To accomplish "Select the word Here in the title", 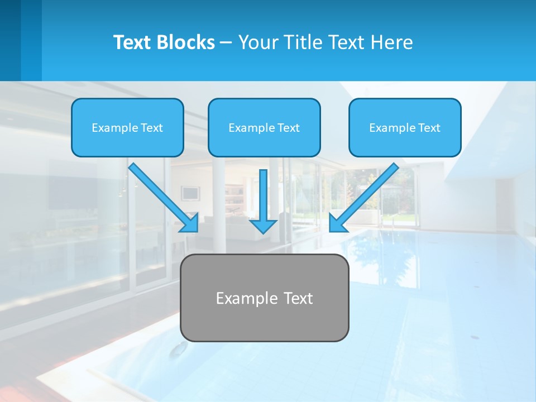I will pos(391,42).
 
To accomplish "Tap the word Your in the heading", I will pos(257,42).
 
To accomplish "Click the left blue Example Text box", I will pos(127,127).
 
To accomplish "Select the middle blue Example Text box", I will pos(264,127).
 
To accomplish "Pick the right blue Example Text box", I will pos(405,127).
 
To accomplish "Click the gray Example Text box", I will pos(264,298).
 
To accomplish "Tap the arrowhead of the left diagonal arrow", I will pos(190,223).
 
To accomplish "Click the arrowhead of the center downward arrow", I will pos(263,226).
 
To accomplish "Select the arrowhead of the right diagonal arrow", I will pos(337,223).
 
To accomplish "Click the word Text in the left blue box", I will pos(152,128).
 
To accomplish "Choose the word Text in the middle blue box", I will pos(289,128).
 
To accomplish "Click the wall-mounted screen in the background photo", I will pos(190,193).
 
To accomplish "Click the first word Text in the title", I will pos(132,42).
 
